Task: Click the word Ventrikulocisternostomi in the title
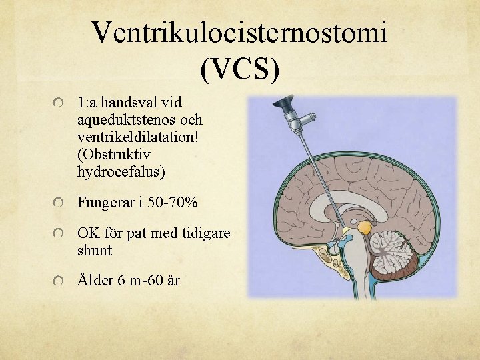pyautogui.click(x=239, y=31)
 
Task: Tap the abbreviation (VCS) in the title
pyautogui.click(x=239, y=69)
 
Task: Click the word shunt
pyautogui.click(x=95, y=251)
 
